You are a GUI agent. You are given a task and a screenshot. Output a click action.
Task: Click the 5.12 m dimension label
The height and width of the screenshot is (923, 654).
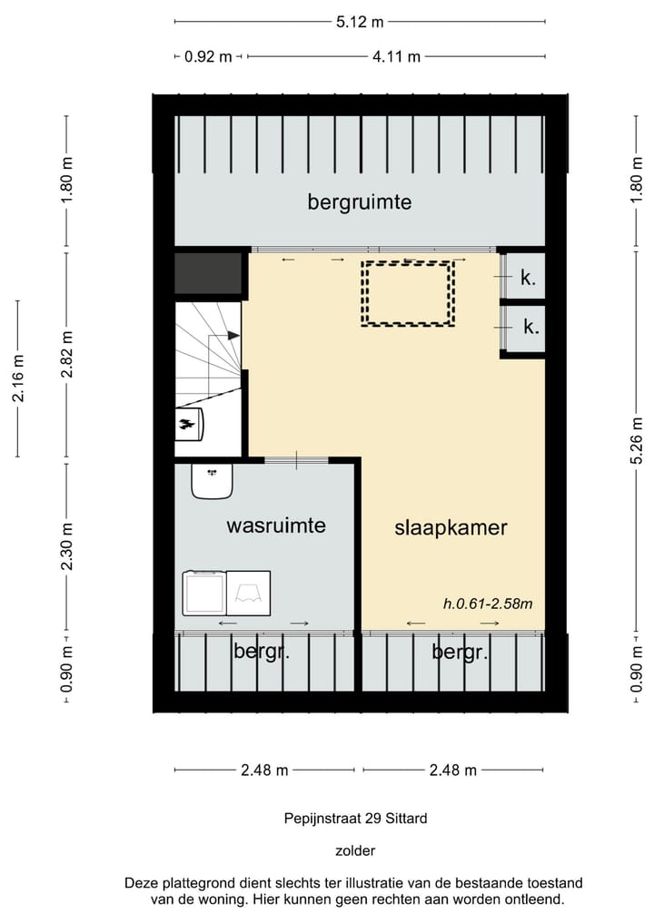coord(360,23)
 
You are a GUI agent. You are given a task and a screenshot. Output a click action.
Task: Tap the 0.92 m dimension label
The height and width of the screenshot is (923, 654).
coord(208,57)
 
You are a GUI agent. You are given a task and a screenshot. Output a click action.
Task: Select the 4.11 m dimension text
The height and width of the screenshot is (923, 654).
coord(396,57)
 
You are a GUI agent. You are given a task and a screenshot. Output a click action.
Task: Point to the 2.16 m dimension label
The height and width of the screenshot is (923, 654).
coord(18,378)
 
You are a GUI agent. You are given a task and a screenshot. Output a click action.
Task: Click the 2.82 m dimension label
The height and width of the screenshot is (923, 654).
coord(67,354)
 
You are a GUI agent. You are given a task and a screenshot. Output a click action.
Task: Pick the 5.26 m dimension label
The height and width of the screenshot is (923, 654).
coord(637,440)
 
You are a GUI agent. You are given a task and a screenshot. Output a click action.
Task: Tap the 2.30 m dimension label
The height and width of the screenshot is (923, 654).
coord(67,546)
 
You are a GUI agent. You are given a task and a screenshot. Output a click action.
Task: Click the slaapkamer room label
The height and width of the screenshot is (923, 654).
coord(451,527)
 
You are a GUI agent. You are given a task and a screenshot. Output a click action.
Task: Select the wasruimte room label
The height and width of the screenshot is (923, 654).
coord(276,525)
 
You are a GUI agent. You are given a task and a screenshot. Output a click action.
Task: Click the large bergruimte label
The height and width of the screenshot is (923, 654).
coord(360,202)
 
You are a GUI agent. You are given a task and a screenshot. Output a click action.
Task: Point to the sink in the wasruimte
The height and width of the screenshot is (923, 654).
coord(213,481)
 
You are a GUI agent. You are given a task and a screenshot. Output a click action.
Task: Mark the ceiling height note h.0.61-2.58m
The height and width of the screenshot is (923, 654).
coord(488,604)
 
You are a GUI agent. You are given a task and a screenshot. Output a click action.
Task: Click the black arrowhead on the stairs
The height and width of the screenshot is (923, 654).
coord(234,336)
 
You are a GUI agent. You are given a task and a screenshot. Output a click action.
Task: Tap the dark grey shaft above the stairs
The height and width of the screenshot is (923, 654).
coord(209,273)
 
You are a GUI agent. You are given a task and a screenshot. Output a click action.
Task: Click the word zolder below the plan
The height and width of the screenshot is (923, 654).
coord(355,850)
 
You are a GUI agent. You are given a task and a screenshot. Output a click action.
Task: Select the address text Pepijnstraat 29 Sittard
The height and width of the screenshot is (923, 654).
coord(355,819)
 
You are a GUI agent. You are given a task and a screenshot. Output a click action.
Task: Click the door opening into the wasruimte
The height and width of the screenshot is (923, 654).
coord(296,460)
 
